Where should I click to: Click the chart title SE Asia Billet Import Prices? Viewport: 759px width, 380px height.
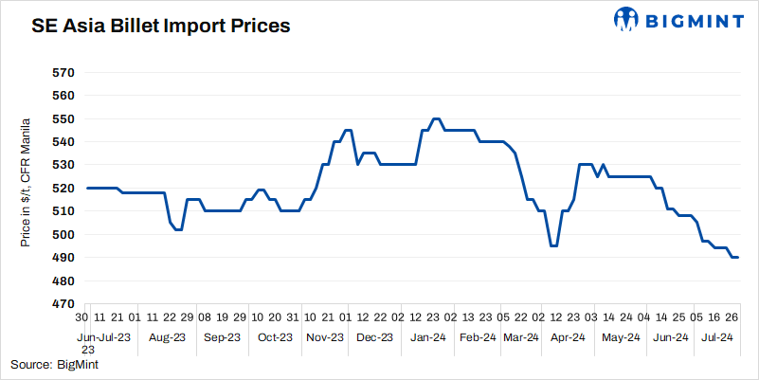coord(161,26)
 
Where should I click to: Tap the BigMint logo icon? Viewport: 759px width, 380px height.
coord(627,18)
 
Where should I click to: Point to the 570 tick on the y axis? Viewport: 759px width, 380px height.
coord(62,72)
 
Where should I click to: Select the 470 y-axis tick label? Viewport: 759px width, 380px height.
coord(62,304)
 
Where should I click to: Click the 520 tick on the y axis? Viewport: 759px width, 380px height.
coord(62,189)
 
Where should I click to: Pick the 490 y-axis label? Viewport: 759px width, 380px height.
coord(62,258)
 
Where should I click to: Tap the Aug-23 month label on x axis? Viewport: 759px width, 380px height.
coord(166,336)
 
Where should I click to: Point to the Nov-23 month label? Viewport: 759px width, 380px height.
coord(324,336)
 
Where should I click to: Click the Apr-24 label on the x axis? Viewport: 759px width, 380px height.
coord(565,336)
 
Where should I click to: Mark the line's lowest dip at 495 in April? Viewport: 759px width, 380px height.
coord(553,245)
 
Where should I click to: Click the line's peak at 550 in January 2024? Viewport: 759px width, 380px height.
coord(435,118)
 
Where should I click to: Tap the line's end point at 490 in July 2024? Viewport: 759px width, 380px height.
coord(737,258)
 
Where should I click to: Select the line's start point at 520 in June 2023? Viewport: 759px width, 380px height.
coord(87,188)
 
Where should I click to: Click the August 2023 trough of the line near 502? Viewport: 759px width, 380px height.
coord(177,229)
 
